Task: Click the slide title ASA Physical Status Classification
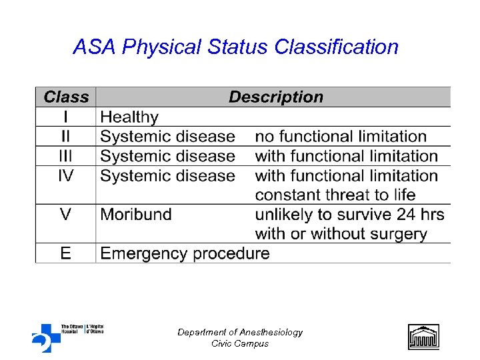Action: click(235, 47)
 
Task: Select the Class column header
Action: click(66, 97)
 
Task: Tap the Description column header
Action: click(275, 97)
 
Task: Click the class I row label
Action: click(66, 117)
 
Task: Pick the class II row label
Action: click(66, 137)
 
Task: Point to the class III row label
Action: click(66, 156)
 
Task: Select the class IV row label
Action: click(66, 175)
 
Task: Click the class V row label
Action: click(66, 215)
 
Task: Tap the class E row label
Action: click(66, 253)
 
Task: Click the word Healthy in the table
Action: click(129, 117)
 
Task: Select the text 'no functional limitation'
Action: click(341, 137)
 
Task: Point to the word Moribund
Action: click(136, 215)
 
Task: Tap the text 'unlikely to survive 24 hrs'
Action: click(349, 215)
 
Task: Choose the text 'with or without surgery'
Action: click(341, 234)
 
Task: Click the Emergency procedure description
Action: click(185, 253)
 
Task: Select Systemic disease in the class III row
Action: click(167, 156)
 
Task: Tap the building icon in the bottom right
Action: click(423, 336)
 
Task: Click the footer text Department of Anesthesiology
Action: click(240, 332)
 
